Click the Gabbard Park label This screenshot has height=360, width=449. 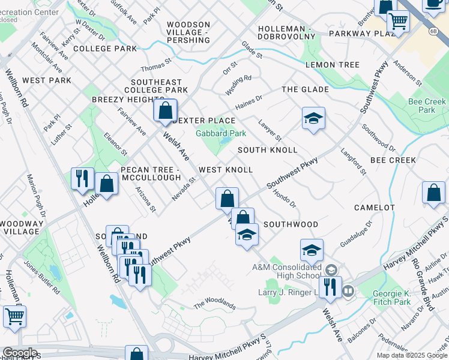(x=221, y=133)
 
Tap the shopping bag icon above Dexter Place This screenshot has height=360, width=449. (x=165, y=111)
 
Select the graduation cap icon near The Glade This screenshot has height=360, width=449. (x=313, y=119)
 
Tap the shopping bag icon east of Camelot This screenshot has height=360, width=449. (x=433, y=194)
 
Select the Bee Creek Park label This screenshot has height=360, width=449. (x=426, y=106)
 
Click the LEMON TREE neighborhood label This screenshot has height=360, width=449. (x=332, y=65)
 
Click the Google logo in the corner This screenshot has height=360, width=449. (x=19, y=353)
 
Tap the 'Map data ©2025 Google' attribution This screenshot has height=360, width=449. (x=411, y=355)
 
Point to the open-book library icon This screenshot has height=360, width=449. (x=348, y=292)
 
